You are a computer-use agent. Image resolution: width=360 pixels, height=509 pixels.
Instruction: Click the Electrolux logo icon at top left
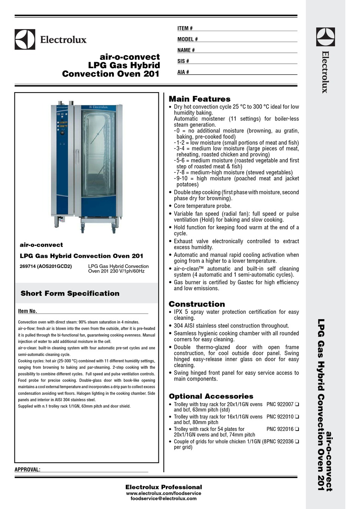point(25,39)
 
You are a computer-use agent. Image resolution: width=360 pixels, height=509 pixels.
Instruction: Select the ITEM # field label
point(185,28)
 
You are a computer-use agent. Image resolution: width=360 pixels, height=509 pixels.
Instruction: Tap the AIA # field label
point(183,72)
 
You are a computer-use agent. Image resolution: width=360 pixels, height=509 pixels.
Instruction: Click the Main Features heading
point(199,99)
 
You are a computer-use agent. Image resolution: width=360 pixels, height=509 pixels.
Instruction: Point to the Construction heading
point(197,304)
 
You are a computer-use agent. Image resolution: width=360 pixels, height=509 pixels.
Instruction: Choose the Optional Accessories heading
point(211,396)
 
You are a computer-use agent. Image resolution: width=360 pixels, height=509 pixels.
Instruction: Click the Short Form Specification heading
point(70,293)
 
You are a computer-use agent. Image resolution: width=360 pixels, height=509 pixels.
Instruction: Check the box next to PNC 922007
point(297,404)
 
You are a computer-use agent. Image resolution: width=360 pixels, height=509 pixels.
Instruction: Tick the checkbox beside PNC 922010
point(297,417)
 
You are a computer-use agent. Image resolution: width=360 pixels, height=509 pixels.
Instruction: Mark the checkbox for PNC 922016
point(297,429)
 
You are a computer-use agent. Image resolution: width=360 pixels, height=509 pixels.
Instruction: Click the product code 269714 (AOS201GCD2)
point(45,266)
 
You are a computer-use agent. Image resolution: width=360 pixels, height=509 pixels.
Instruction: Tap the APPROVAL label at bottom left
point(27,470)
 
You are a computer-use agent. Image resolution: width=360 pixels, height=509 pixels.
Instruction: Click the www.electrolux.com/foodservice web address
point(163,493)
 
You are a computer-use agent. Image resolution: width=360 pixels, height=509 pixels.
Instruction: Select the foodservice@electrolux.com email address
point(163,499)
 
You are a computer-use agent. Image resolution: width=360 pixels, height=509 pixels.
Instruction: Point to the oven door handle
point(77,157)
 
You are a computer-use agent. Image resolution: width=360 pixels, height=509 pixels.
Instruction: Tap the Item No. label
point(27,311)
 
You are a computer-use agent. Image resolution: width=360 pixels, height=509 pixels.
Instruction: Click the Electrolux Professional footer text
point(163,487)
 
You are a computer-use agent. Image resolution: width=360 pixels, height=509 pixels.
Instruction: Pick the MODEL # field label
point(187,39)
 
